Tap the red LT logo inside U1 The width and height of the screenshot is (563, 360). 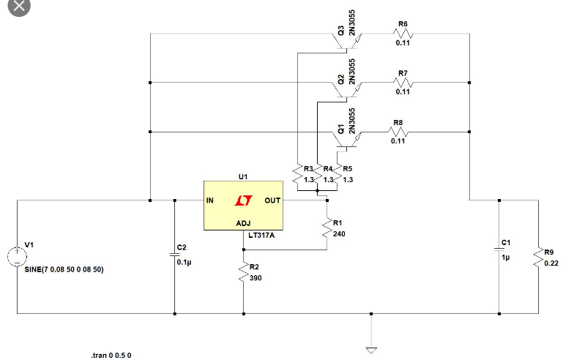(x=242, y=200)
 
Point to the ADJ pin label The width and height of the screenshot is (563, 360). (x=243, y=222)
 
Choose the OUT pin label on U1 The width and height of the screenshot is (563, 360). (x=272, y=200)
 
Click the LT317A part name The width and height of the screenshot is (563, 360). (x=261, y=236)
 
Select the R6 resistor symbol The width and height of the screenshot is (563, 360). (x=403, y=34)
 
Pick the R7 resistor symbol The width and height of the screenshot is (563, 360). (x=403, y=83)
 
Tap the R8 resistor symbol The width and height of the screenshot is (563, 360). (x=398, y=132)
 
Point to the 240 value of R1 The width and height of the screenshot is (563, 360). (x=338, y=234)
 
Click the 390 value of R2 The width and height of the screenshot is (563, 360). (x=256, y=278)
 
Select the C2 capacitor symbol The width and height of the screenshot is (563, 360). (x=174, y=253)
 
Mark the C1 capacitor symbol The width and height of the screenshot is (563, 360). (x=499, y=249)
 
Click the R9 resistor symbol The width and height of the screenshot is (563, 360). (x=539, y=258)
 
